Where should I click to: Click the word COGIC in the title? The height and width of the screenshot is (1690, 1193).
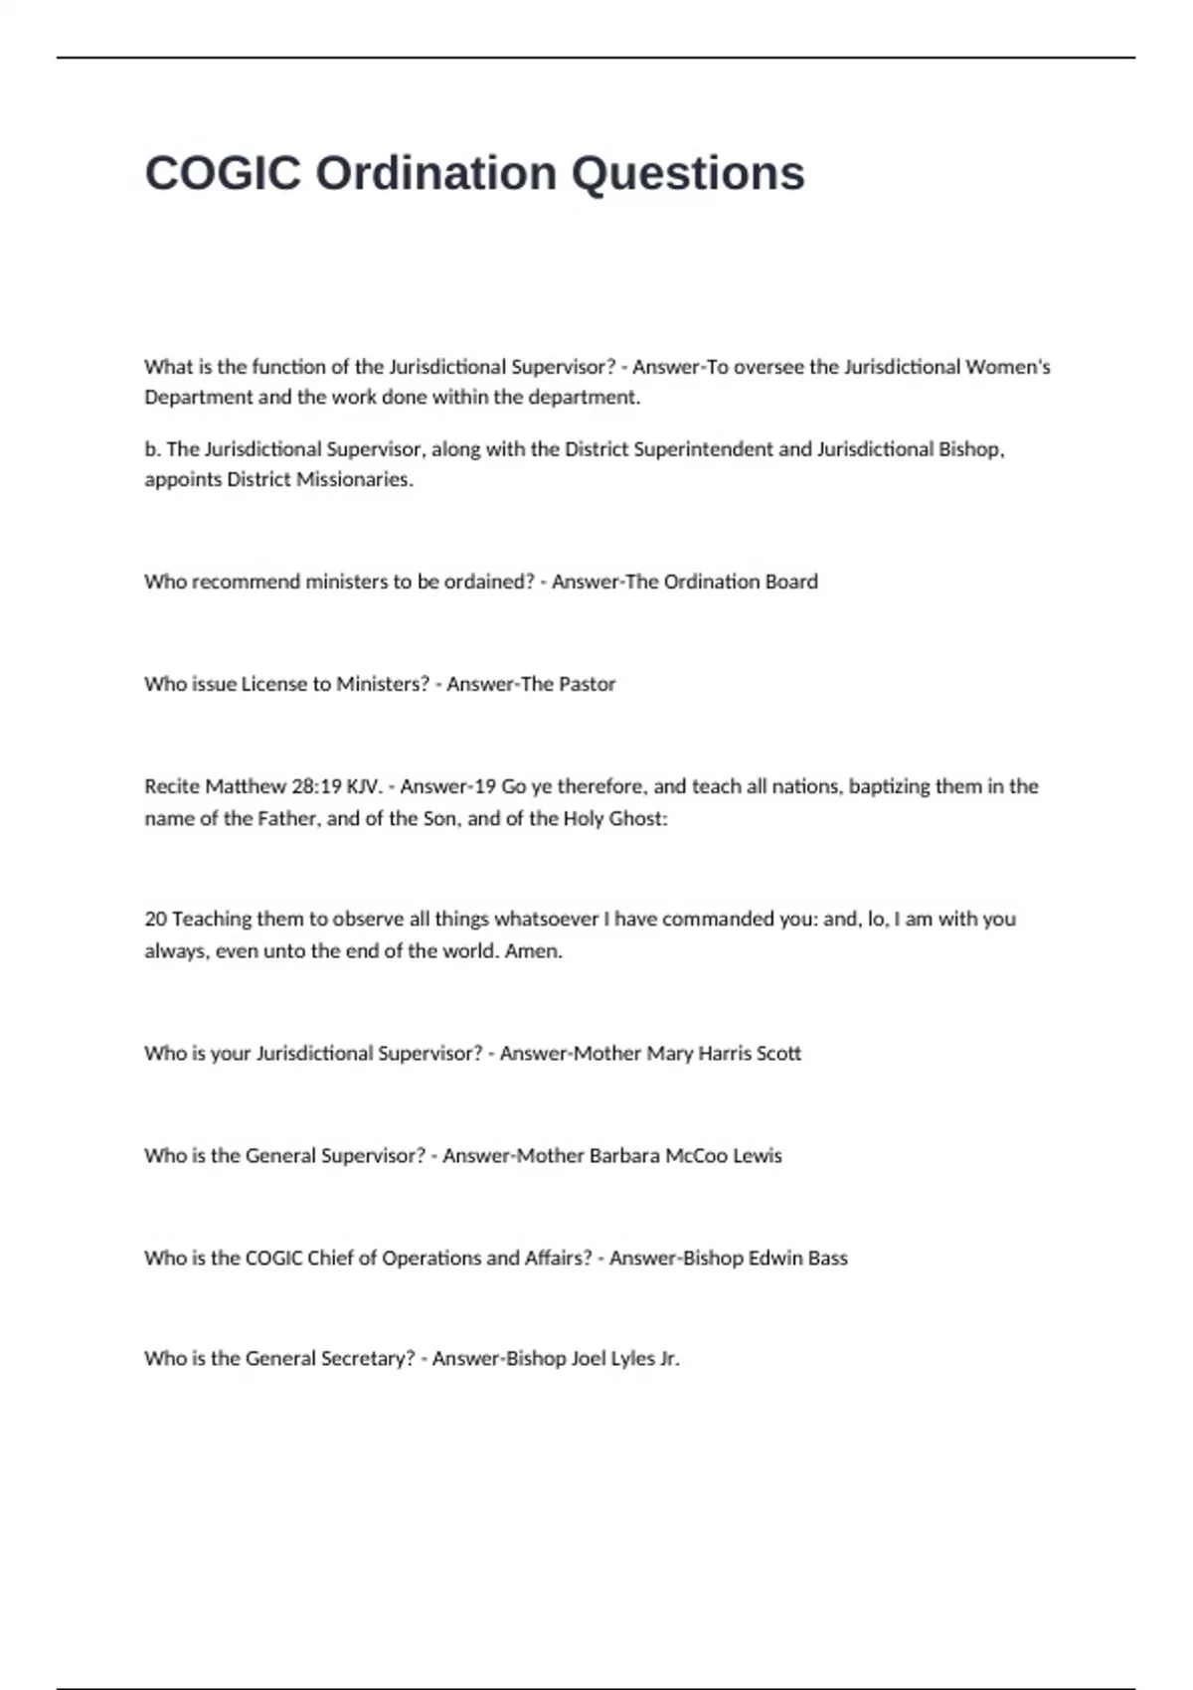[223, 174]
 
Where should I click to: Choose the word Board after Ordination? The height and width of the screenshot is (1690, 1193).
[791, 582]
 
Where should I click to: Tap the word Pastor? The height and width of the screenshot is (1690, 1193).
[588, 684]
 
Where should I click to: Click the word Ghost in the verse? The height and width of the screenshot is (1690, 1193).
[638, 819]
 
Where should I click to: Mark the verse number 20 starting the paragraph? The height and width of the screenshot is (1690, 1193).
[155, 920]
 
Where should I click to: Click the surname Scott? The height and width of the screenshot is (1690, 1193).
[778, 1054]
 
